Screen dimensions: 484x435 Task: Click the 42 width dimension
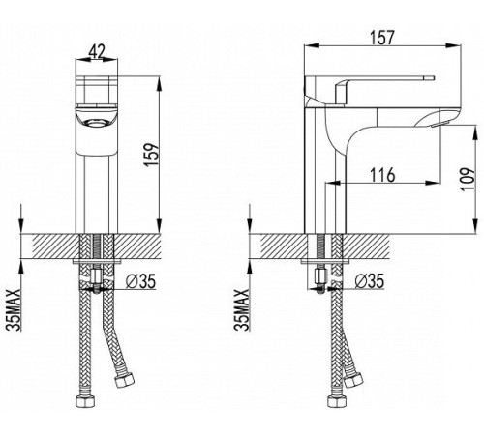(x=97, y=51)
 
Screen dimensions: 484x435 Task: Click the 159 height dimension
(x=152, y=154)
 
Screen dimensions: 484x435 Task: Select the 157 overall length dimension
(x=382, y=38)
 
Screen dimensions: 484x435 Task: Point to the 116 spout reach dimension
(x=382, y=175)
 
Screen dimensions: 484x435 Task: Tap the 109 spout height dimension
(x=468, y=179)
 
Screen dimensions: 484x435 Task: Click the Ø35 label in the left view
(x=140, y=281)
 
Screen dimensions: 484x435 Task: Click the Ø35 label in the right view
(x=370, y=281)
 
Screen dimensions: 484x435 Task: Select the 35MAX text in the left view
(x=14, y=310)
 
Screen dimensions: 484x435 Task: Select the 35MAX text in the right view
(x=242, y=310)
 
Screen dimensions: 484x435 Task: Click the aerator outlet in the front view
(x=95, y=123)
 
